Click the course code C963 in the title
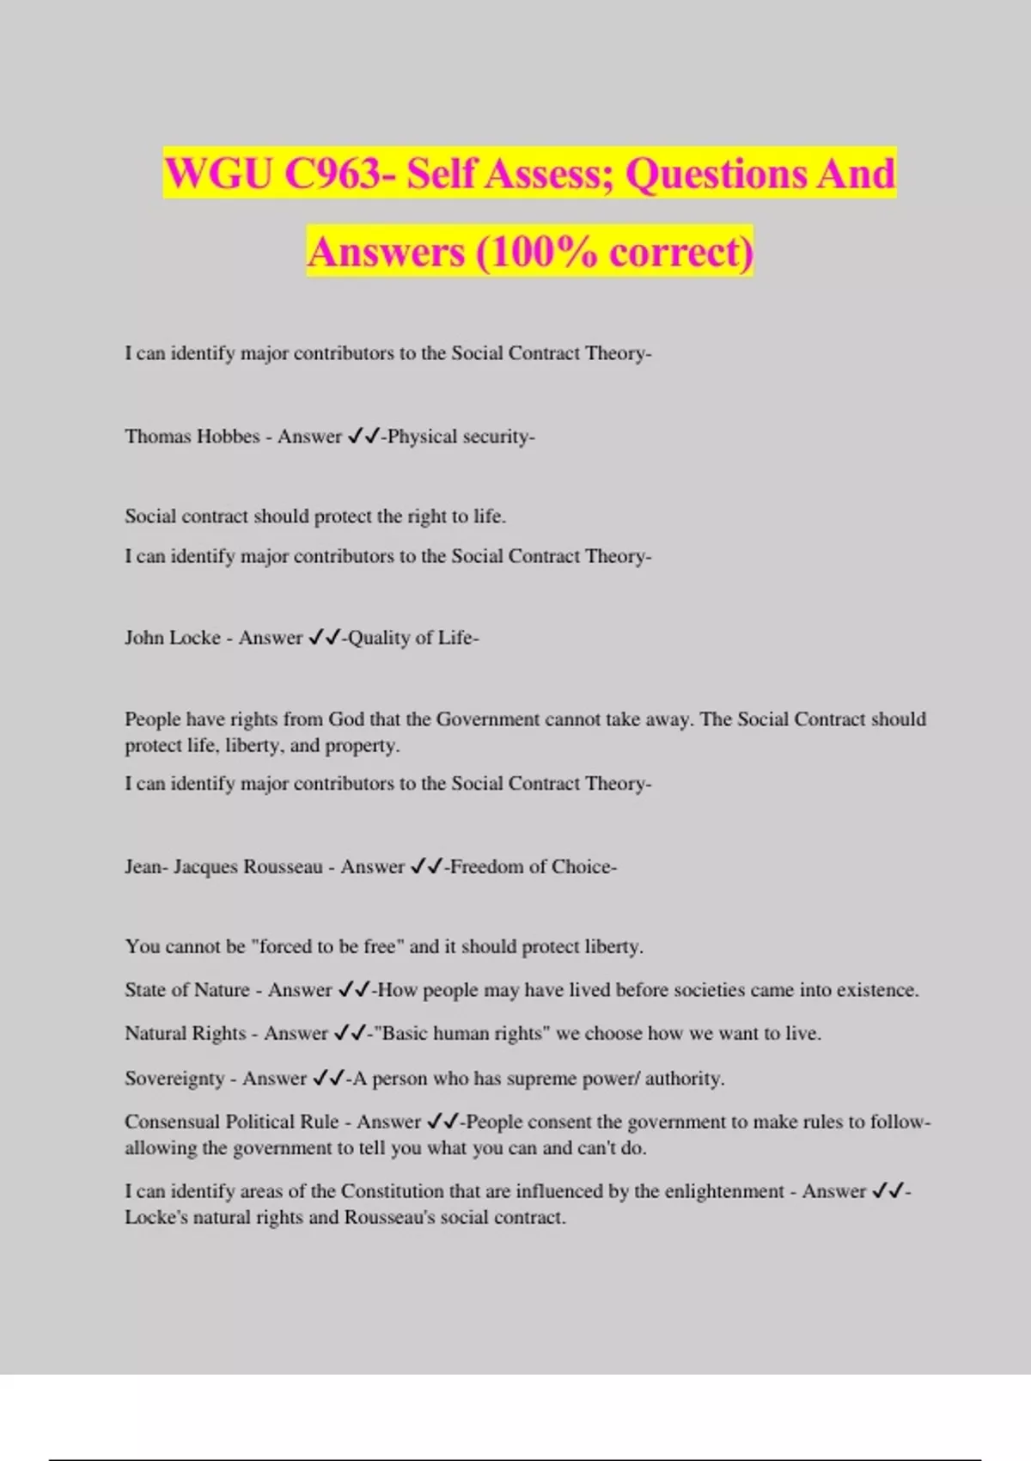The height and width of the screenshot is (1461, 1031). pos(332,174)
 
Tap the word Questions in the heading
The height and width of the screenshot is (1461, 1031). pos(716,174)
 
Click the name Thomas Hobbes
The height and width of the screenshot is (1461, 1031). pos(192,437)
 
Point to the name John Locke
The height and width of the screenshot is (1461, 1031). pos(173,638)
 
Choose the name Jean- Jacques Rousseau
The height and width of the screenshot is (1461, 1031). pos(223,866)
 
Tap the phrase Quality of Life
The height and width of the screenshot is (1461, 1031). pos(410,638)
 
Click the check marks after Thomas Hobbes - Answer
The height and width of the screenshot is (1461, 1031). pos(363,437)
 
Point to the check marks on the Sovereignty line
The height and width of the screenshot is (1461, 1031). pos(329,1079)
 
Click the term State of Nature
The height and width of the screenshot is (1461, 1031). pos(186,990)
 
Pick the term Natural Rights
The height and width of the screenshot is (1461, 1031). pos(185,1034)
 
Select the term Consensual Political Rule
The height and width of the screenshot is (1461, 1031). pos(231,1122)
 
